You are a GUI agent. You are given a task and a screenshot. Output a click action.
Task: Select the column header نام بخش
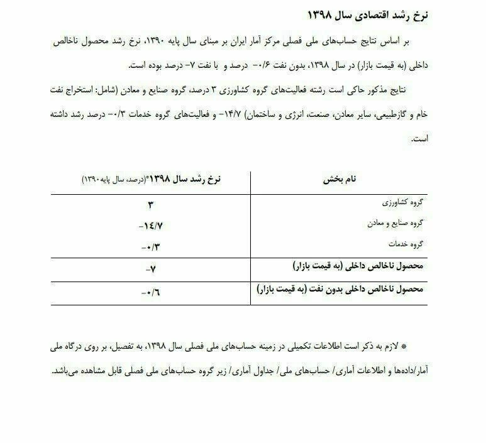pos(340,179)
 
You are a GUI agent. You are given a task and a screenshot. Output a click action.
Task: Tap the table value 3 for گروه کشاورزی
pos(151,204)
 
